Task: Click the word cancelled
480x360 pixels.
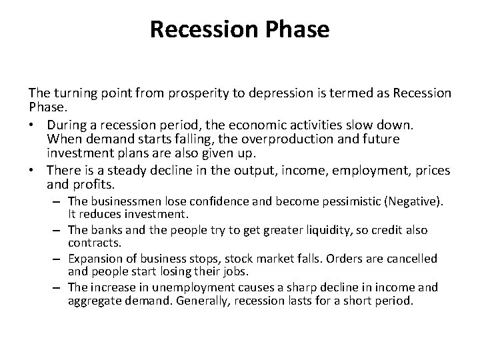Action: (413, 258)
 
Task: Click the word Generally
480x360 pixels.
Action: (197, 301)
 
